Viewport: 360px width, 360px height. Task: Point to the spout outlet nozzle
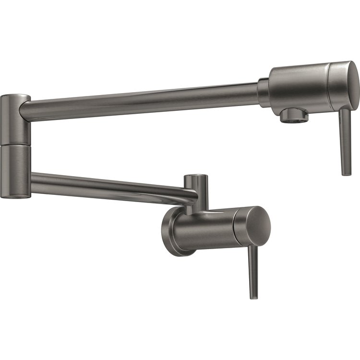[x=293, y=116]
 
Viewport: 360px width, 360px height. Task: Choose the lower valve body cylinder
[x=206, y=229]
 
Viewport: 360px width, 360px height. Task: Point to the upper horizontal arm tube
[x=144, y=98]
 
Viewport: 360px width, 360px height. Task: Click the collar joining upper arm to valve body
[x=263, y=93]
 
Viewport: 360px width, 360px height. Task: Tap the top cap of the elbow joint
[x=14, y=97]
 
